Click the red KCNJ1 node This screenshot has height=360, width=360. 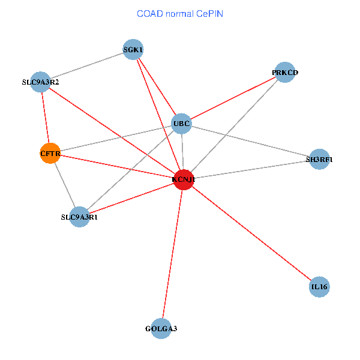click(x=184, y=179)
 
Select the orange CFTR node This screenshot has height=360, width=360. click(x=50, y=153)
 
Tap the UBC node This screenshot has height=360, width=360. click(x=181, y=124)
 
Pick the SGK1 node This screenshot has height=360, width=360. click(x=133, y=49)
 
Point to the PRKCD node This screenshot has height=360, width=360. click(x=284, y=73)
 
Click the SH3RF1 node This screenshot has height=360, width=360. click(x=319, y=159)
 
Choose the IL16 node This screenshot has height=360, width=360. click(x=319, y=287)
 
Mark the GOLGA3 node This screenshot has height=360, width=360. click(x=161, y=329)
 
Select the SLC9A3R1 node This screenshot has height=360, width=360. click(x=79, y=217)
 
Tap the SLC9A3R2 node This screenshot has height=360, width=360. click(x=40, y=82)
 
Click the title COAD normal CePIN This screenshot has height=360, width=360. click(x=180, y=14)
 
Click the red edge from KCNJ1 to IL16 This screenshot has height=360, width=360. click(x=251, y=233)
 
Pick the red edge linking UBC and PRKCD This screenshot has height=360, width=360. click(x=233, y=98)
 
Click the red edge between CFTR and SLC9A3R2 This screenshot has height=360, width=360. click(x=46, y=118)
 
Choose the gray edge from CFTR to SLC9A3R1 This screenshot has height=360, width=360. click(x=65, y=185)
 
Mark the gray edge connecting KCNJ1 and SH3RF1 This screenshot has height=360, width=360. click(x=251, y=169)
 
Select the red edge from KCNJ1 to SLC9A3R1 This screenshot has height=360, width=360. click(x=131, y=198)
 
